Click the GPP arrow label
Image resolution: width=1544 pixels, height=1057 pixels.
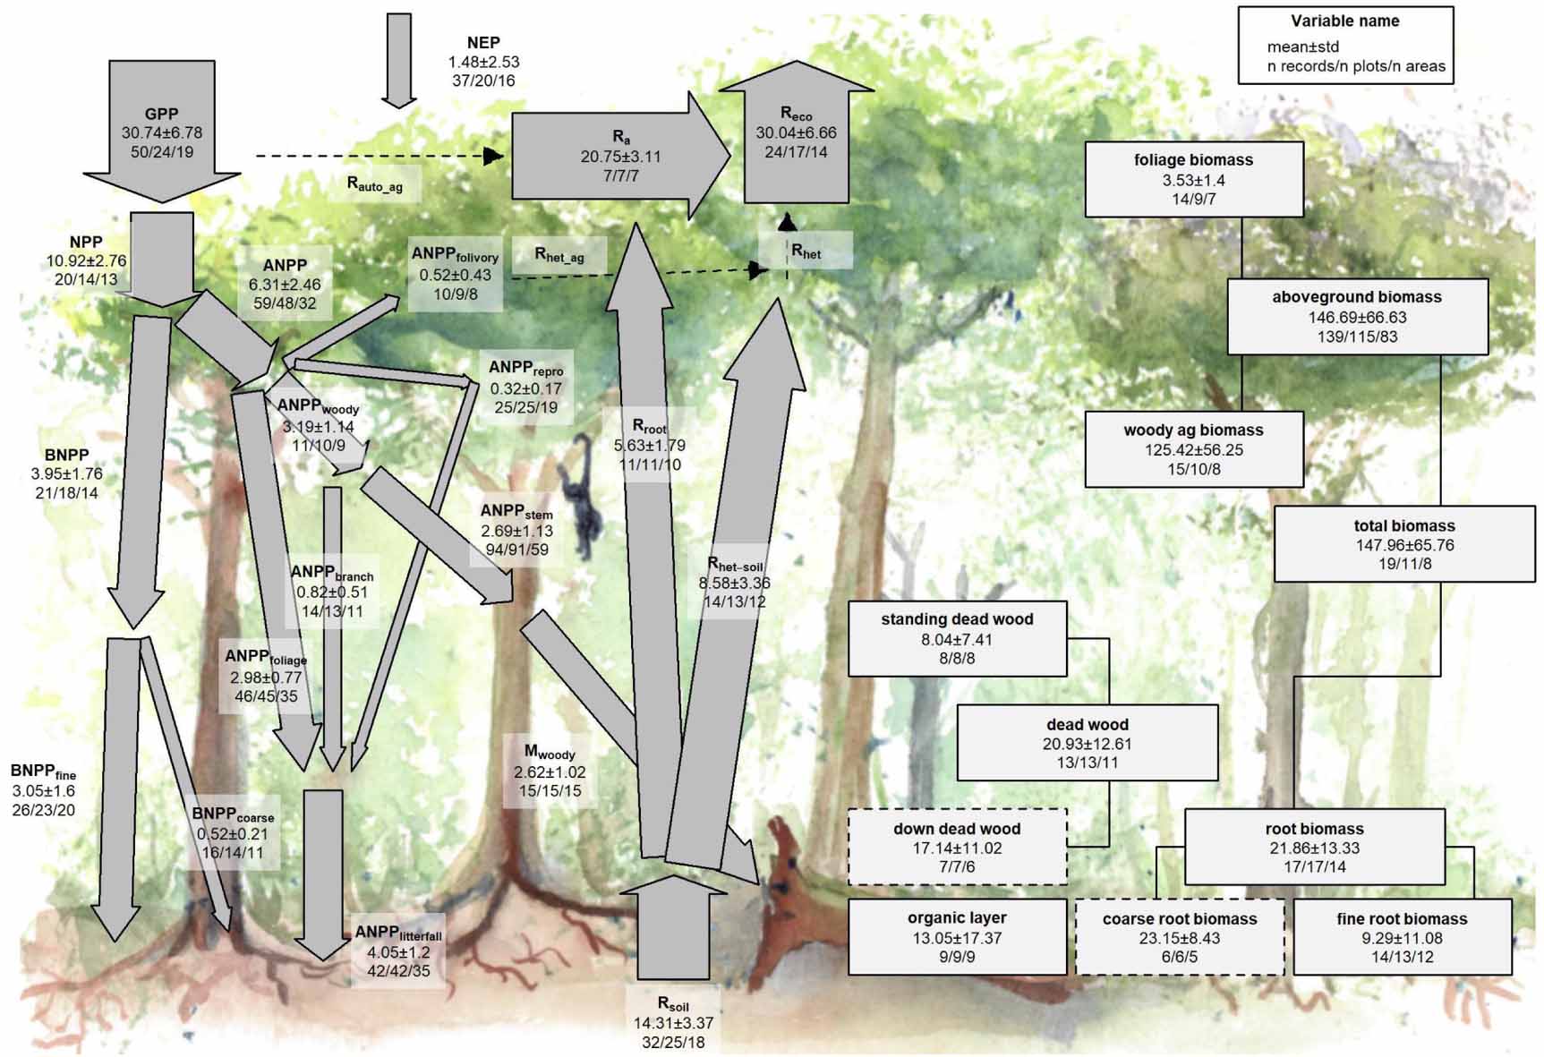[162, 115]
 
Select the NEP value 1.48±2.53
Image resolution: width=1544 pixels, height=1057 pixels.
[483, 62]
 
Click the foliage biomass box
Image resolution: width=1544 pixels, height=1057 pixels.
[1193, 179]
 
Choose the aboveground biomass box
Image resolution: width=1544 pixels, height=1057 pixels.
[1356, 316]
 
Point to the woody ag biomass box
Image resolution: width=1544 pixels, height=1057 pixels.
[1193, 449]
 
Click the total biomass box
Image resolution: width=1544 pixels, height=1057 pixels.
[1403, 544]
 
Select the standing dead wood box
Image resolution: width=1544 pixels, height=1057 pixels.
[957, 638]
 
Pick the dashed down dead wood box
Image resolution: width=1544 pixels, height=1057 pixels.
[957, 847]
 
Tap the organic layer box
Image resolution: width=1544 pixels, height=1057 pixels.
[957, 937]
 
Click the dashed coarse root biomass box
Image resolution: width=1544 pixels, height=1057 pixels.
[1179, 937]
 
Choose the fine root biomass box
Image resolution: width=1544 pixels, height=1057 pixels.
[1402, 937]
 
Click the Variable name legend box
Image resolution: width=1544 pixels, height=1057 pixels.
[1344, 45]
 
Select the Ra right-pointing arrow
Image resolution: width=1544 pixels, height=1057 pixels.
[620, 157]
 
